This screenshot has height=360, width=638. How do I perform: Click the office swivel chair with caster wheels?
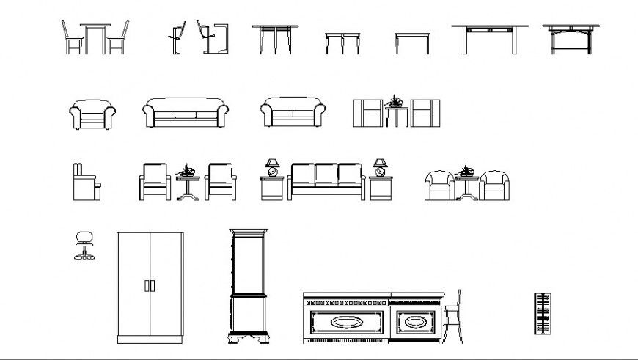coord(84,245)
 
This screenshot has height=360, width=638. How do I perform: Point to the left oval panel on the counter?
coord(346,322)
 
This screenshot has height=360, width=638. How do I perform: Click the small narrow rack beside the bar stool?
coord(542,313)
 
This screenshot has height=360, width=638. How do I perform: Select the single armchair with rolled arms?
coord(92,114)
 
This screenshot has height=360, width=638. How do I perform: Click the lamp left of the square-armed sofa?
coord(272,167)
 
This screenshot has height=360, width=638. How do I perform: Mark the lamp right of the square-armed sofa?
coord(380,167)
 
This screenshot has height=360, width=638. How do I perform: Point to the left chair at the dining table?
coord(72,38)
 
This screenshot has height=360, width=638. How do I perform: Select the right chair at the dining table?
coord(119,38)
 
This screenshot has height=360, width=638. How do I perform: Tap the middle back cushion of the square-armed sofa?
coord(326,174)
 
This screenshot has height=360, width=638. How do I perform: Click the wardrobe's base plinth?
coord(150,339)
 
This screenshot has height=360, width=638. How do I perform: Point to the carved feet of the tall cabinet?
coord(249,338)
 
